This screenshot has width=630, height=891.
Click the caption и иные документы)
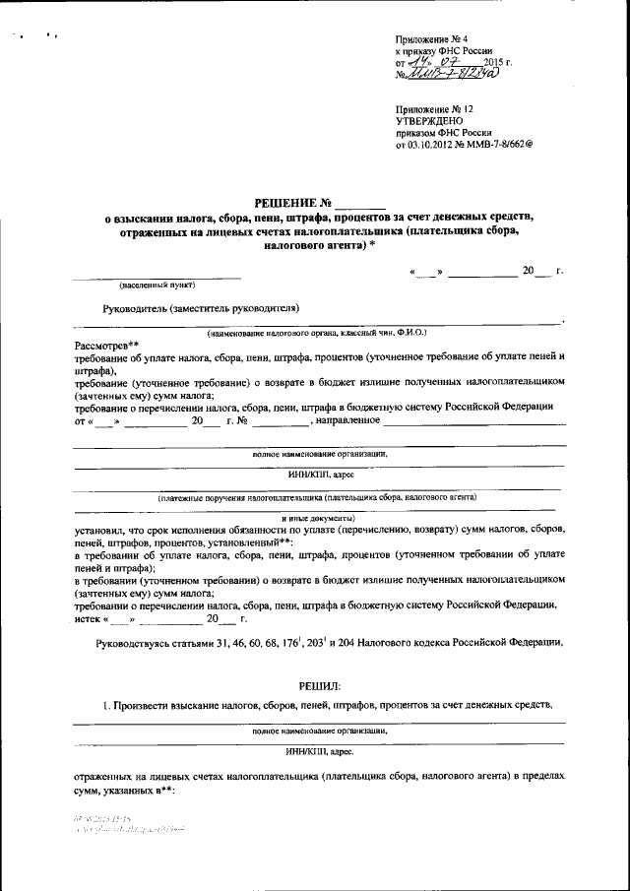(319, 516)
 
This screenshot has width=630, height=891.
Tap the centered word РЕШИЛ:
(319, 684)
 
